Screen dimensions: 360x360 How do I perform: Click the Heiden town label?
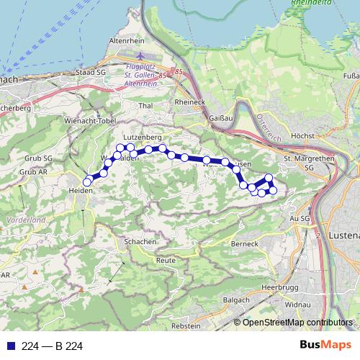(80, 191)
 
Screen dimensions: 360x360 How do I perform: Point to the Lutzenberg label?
(142, 136)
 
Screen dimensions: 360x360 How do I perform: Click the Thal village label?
(146, 106)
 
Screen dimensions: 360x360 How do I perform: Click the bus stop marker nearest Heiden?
(87, 182)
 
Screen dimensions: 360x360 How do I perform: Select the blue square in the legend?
(11, 346)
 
